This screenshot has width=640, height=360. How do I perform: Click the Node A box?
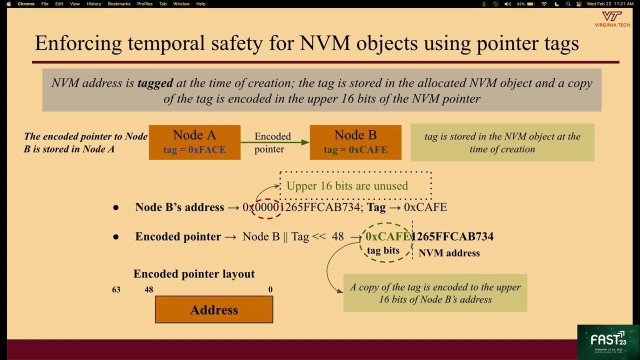[194, 142]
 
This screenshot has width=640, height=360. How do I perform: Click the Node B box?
[355, 142]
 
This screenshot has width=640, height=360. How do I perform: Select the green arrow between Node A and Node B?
[275, 142]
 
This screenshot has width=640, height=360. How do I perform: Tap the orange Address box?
[214, 309]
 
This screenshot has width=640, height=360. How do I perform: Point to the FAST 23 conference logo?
[608, 342]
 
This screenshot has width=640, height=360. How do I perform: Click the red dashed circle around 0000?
[267, 207]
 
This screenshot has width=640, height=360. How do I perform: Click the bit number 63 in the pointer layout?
[116, 289]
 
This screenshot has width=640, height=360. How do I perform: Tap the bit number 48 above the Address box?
[148, 289]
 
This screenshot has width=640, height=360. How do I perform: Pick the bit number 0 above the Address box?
[270, 289]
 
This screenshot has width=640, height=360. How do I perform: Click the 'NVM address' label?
[449, 253]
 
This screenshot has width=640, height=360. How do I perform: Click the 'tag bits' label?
[383, 250]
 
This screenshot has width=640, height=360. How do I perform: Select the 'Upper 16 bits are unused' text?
[347, 186]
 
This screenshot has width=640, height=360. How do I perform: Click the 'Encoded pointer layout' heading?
[194, 274]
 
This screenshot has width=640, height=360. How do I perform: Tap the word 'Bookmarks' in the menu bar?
[119, 4]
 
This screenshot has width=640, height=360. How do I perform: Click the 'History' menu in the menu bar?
[93, 4]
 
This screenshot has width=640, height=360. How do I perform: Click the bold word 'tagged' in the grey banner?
[155, 83]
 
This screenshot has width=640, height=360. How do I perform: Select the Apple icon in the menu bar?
[8, 4]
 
